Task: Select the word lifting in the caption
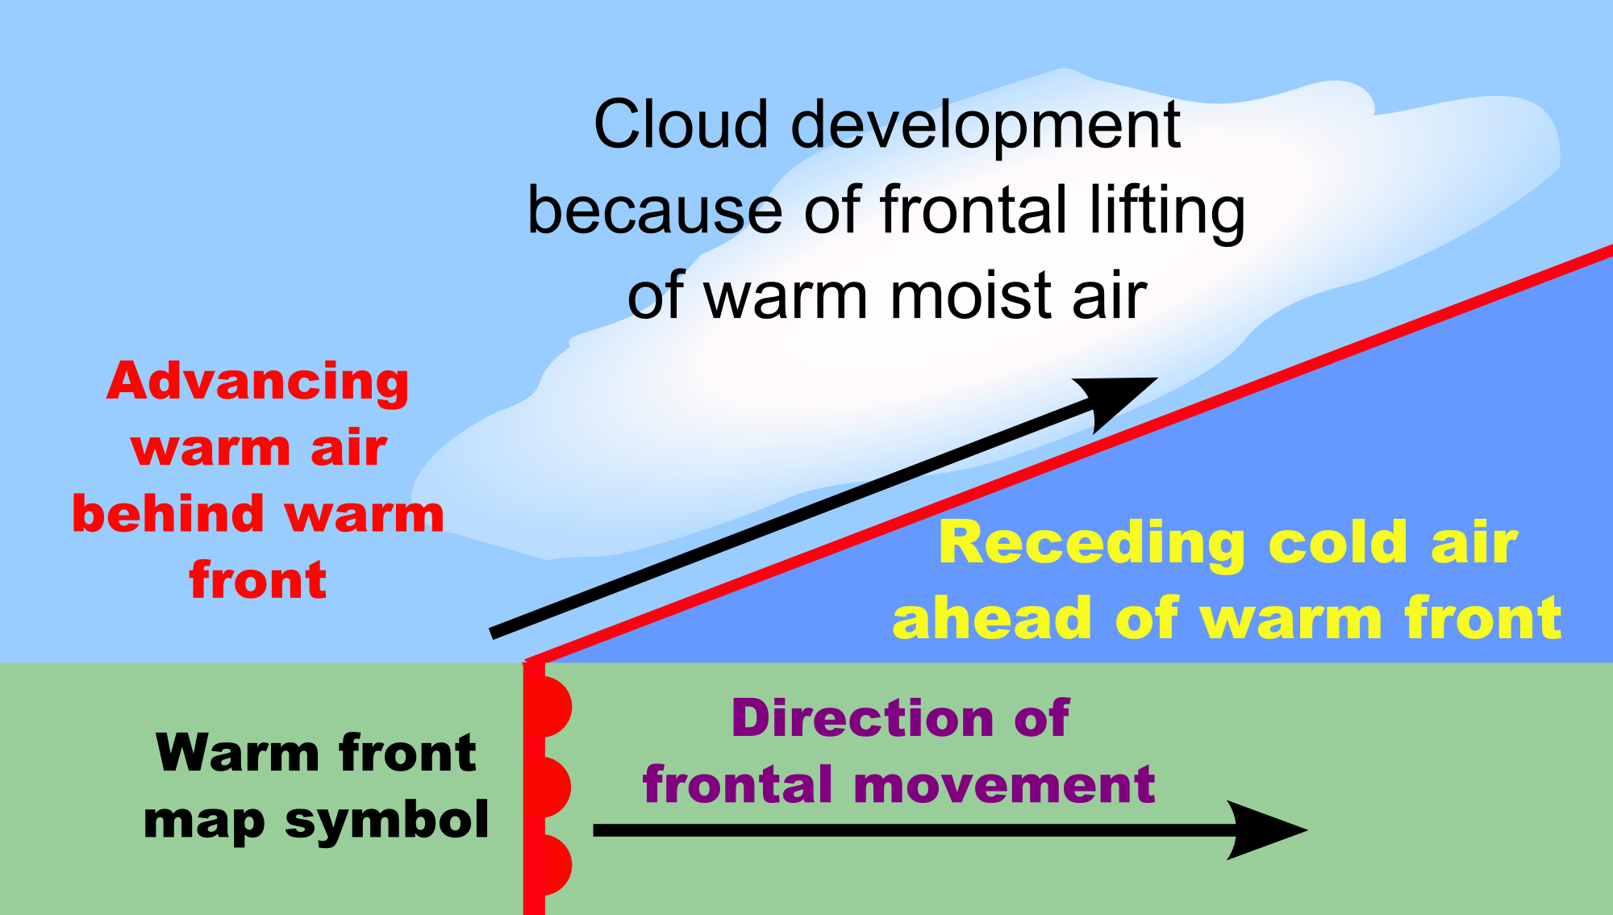tap(1167, 211)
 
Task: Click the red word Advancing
tap(258, 382)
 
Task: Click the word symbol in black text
tap(386, 821)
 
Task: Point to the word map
tap(203, 821)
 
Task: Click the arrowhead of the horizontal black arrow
tap(1266, 829)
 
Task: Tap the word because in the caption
tap(654, 211)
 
